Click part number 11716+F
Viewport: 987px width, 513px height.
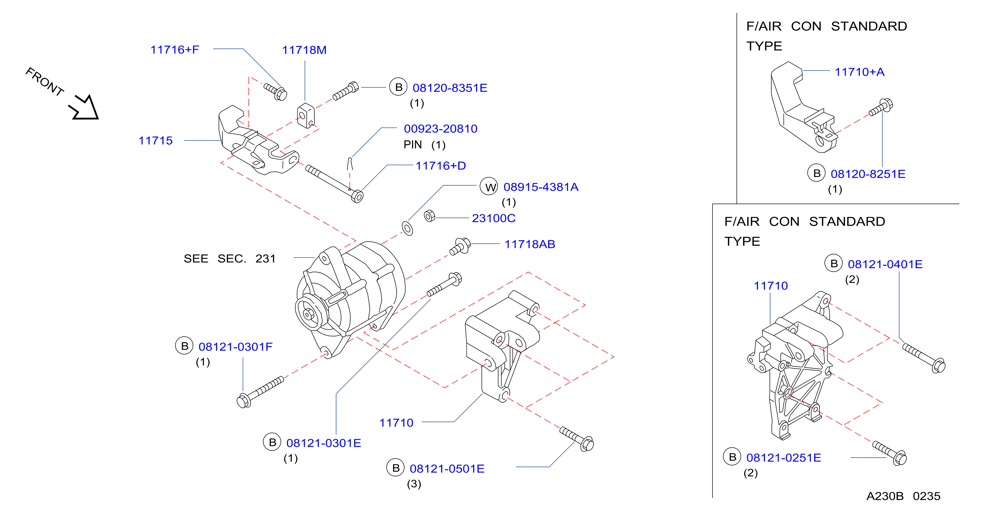[175, 49]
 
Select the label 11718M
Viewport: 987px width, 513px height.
[304, 50]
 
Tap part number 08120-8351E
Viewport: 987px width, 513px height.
[450, 88]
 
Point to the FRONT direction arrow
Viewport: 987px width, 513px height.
[84, 108]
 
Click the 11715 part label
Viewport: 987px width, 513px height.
[155, 140]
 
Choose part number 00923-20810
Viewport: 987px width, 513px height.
[440, 129]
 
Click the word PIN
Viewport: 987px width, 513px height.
[412, 144]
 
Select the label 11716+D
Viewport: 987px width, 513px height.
[440, 166]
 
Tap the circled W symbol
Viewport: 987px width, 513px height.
[489, 186]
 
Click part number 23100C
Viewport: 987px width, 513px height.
[493, 218]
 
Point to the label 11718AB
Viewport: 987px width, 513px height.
[530, 244]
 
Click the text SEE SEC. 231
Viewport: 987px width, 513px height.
[229, 259]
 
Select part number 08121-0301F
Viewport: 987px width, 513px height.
[235, 347]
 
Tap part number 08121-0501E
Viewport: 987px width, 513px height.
[447, 468]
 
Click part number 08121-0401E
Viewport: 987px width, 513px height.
[885, 264]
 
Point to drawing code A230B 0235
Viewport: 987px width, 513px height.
[903, 496]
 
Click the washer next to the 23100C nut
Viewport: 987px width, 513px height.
[407, 228]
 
